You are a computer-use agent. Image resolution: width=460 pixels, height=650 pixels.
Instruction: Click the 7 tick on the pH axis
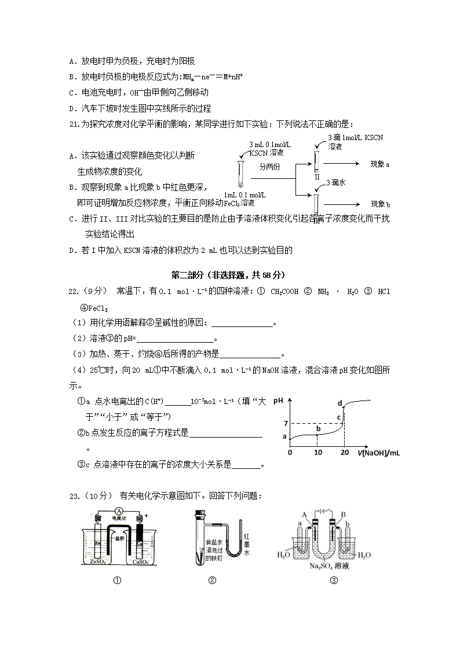[285, 424]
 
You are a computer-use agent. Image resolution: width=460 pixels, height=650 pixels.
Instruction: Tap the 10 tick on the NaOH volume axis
[317, 452]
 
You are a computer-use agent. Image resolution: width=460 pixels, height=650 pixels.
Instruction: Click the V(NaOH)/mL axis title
[378, 452]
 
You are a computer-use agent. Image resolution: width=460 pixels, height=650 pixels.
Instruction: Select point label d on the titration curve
[340, 403]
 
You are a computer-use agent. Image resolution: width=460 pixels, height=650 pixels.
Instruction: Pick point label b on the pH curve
[317, 428]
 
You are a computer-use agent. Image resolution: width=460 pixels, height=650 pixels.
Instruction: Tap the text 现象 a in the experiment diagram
[380, 164]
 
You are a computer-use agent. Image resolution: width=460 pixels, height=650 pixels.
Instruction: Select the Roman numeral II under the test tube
[317, 178]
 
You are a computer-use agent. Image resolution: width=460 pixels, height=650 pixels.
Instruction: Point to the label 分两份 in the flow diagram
[269, 166]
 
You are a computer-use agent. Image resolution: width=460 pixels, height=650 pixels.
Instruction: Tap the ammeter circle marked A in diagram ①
[118, 511]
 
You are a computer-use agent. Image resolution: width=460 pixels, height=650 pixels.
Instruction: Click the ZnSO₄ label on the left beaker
[97, 561]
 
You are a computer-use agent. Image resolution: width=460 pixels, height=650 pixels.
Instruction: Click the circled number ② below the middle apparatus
[212, 581]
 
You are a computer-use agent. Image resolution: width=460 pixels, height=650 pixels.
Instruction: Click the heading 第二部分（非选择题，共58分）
[229, 275]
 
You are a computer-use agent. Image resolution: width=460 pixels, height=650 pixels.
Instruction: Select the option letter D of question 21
[72, 251]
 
